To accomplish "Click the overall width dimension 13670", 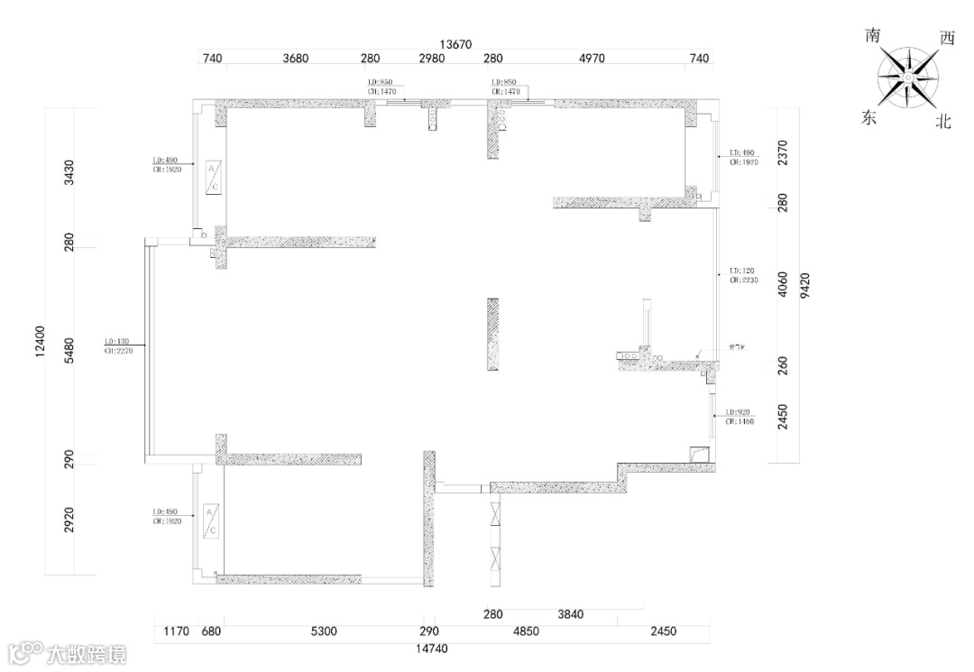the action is pos(456,43).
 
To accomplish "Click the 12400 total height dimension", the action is pos(40,342).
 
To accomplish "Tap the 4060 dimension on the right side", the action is pos(783,285).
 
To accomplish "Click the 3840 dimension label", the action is pos(571,615).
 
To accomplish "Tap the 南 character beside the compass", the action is pos(872,37).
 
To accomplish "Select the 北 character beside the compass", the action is pos(943,122).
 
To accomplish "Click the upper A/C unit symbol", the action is pos(214,177).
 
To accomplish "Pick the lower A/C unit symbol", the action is pos(211,521).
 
